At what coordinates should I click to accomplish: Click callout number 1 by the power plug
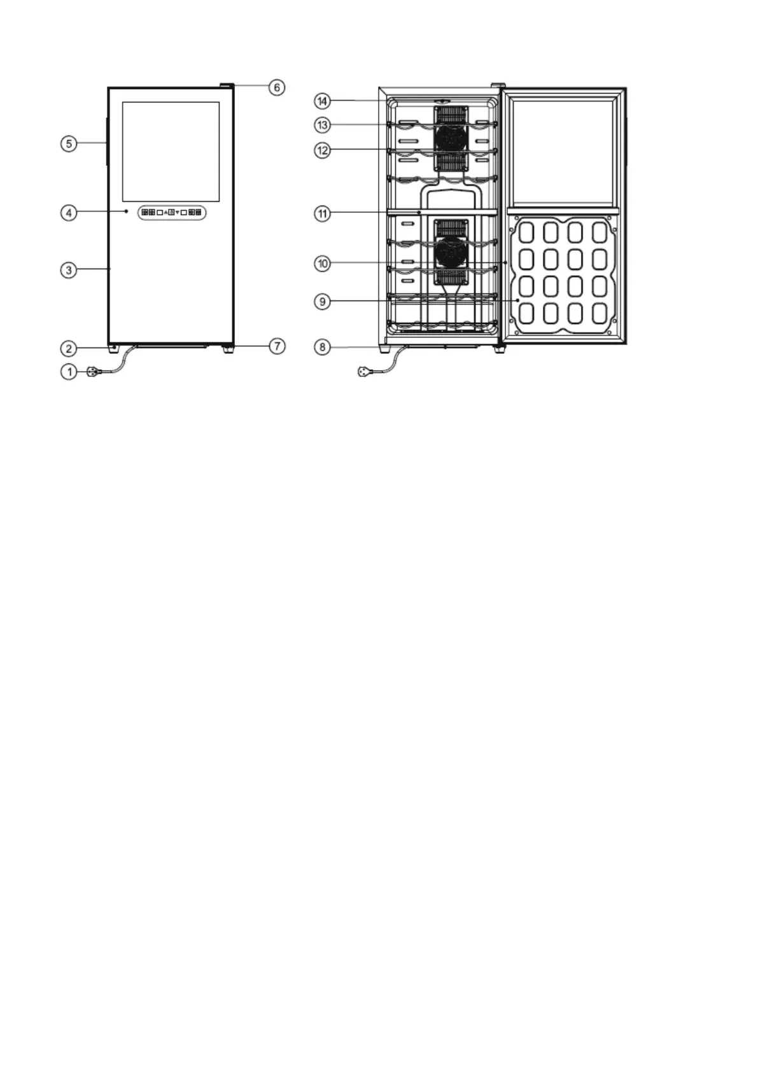[x=69, y=371]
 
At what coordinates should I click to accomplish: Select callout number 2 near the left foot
[x=69, y=348]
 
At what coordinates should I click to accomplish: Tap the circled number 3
[x=69, y=270]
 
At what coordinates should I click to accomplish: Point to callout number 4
[x=69, y=213]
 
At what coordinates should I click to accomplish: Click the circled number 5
[x=69, y=143]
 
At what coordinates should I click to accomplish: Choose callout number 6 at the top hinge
[x=277, y=88]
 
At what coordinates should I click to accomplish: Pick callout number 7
[x=277, y=346]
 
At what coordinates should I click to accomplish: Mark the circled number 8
[x=323, y=347]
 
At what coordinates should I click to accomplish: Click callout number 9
[x=323, y=302]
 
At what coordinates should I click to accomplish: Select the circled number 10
[x=323, y=263]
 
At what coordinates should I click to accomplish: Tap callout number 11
[x=323, y=213]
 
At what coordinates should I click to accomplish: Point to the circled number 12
[x=323, y=150]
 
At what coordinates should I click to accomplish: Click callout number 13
[x=323, y=125]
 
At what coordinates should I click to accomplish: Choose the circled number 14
[x=323, y=101]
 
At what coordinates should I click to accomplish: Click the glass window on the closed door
[x=171, y=152]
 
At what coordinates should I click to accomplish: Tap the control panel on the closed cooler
[x=172, y=213]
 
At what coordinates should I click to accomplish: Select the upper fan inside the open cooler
[x=451, y=138]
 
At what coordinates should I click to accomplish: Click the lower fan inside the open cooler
[x=451, y=252]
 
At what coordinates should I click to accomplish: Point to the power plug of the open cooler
[x=365, y=371]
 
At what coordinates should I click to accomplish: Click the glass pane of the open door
[x=562, y=152]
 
